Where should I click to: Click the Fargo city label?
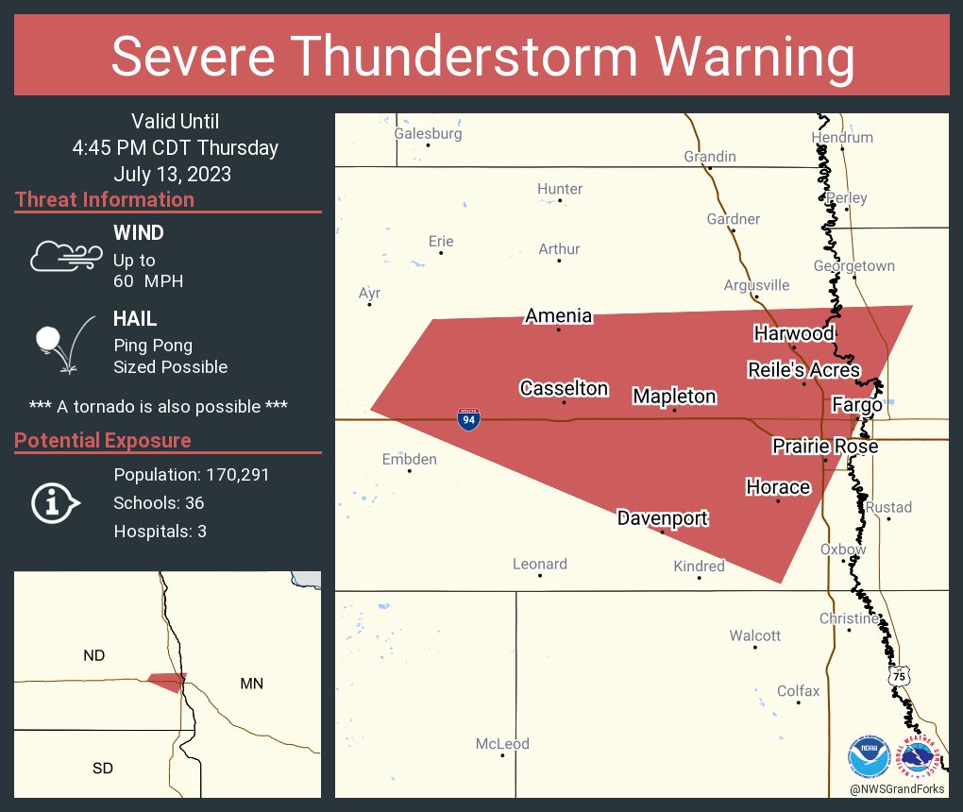tap(856, 405)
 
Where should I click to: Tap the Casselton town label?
tap(564, 388)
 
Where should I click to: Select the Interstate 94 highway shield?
tap(467, 419)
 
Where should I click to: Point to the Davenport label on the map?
tap(662, 517)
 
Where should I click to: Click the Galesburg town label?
tap(428, 133)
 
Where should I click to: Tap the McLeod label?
tap(502, 744)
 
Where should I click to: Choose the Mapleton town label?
tap(674, 397)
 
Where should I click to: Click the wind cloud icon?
tap(65, 255)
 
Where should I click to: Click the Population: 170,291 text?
tap(192, 475)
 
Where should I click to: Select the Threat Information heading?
tap(105, 199)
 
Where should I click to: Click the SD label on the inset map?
tap(103, 768)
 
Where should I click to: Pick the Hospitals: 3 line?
tap(160, 532)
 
